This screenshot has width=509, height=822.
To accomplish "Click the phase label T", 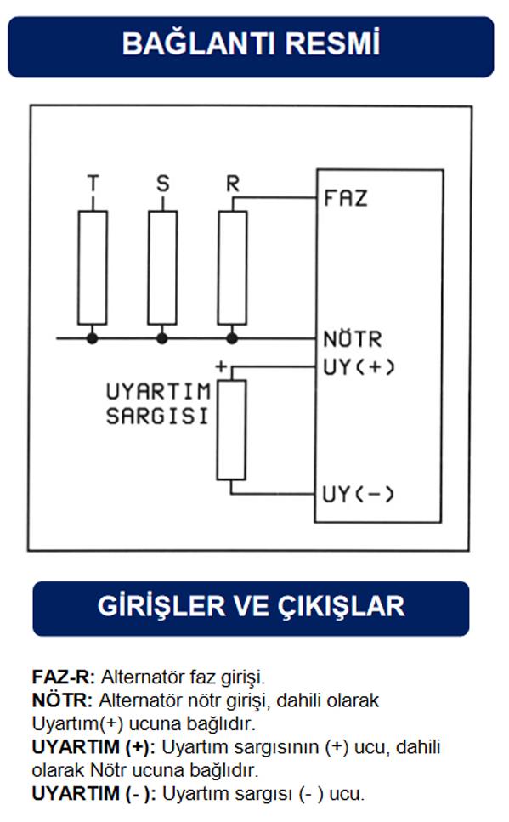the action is pyautogui.click(x=93, y=184).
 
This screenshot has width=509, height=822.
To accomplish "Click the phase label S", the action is pyautogui.click(x=163, y=184).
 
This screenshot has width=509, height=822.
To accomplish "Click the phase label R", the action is pyautogui.click(x=233, y=184).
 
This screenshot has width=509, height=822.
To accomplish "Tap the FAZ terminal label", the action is pyautogui.click(x=346, y=198).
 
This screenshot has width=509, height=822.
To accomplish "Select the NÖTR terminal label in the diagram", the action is pyautogui.click(x=353, y=338).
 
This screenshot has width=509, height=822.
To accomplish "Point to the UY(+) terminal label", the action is pyautogui.click(x=359, y=367).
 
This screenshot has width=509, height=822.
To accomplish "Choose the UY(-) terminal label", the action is pyautogui.click(x=358, y=494).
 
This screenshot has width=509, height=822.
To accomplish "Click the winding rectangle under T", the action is pyautogui.click(x=93, y=268).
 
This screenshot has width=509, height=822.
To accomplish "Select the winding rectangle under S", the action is pyautogui.click(x=162, y=268).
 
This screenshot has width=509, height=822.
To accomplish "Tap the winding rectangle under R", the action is pyautogui.click(x=232, y=268).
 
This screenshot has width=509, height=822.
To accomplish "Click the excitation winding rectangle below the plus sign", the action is pyautogui.click(x=231, y=430).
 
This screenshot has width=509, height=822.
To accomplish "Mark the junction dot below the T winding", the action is pyautogui.click(x=93, y=338).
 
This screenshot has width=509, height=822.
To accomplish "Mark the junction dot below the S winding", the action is pyautogui.click(x=162, y=338).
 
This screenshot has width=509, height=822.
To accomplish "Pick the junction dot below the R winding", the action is pyautogui.click(x=232, y=338).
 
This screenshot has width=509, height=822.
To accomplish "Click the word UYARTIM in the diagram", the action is pyautogui.click(x=158, y=392).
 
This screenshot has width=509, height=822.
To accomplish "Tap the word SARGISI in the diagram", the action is pyautogui.click(x=157, y=417).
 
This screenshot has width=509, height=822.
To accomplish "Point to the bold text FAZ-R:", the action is pyautogui.click(x=64, y=677).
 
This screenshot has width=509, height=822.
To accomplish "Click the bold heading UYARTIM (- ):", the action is pyautogui.click(x=93, y=794).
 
